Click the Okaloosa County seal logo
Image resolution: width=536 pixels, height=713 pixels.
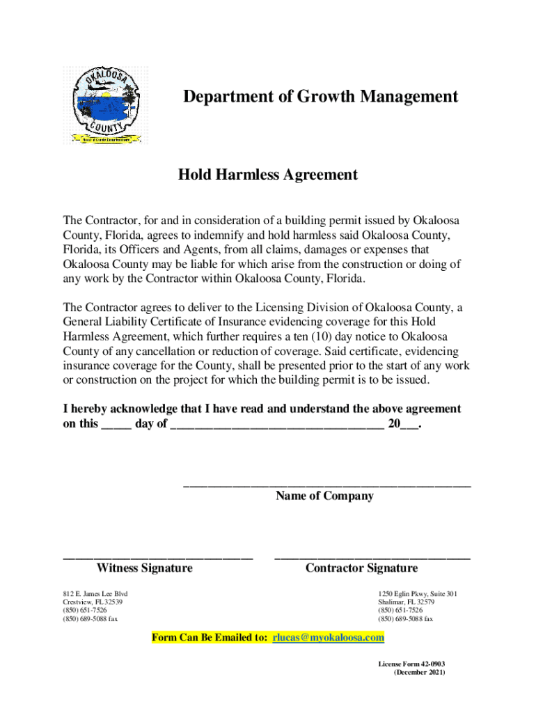tap(104, 104)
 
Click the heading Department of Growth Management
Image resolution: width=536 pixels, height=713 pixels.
tap(320, 97)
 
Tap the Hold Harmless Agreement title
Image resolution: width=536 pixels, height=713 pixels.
tap(268, 175)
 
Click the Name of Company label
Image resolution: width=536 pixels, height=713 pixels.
tap(324, 496)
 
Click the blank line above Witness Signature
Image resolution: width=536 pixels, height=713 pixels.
tap(157, 557)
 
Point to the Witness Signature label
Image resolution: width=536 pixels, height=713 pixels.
tap(144, 568)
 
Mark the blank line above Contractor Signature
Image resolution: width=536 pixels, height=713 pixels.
tap(372, 557)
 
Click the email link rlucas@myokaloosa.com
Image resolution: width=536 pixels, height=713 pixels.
tap(328, 637)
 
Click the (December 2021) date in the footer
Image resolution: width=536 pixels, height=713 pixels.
tap(419, 673)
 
